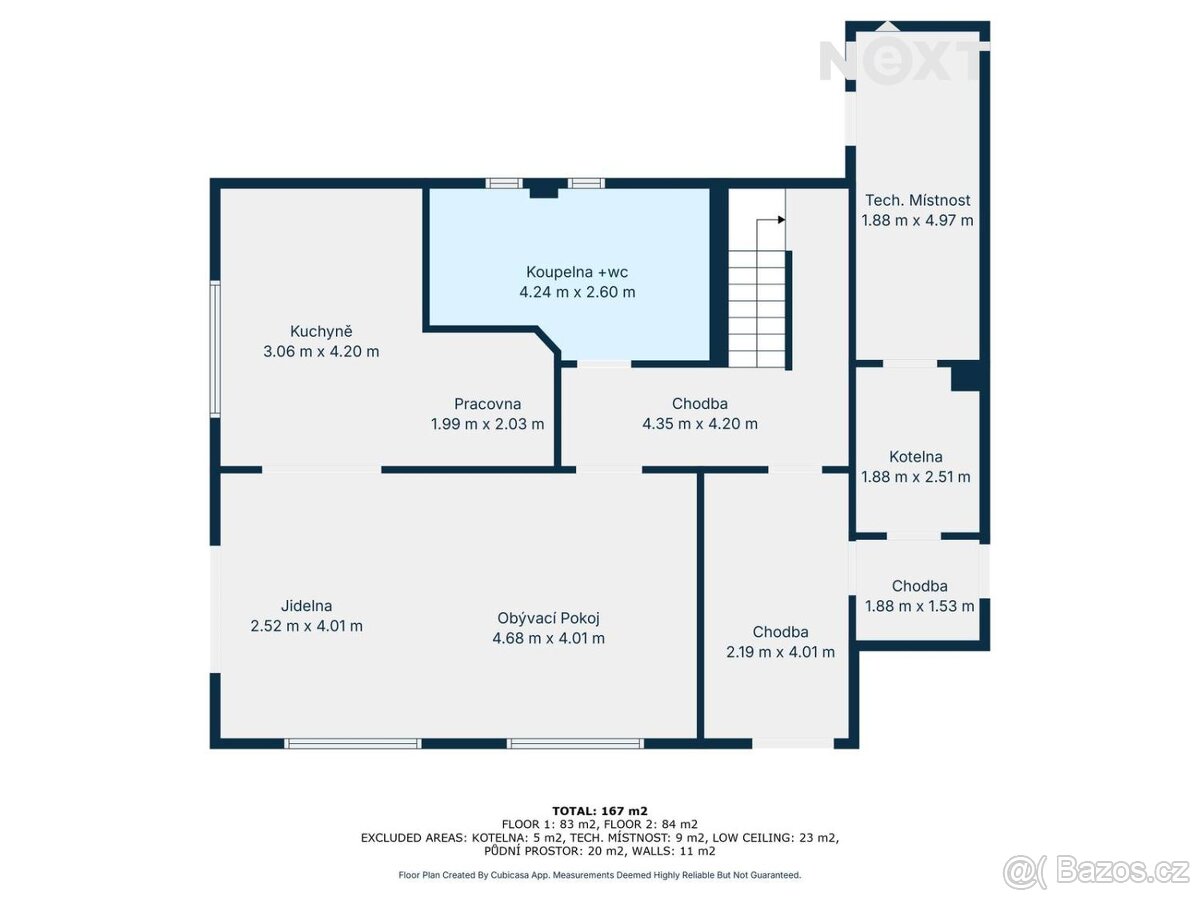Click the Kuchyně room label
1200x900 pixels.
tap(321, 331)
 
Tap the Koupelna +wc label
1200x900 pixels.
tap(577, 272)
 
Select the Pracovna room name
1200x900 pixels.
tap(487, 404)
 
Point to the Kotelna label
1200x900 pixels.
tap(916, 456)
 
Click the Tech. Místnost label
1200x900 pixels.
tap(917, 200)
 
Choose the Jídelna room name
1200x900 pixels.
tap(306, 605)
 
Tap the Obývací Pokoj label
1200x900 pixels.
tap(548, 618)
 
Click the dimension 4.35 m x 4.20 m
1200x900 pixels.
tap(700, 423)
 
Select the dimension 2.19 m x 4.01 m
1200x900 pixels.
tap(780, 652)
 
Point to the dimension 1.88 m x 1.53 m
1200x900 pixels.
tap(919, 606)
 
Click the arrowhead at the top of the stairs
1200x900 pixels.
tap(782, 220)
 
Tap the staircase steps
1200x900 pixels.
tap(757, 309)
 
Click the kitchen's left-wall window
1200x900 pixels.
tap(215, 349)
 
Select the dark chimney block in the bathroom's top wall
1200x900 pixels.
tap(543, 189)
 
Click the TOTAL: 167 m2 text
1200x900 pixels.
tap(600, 811)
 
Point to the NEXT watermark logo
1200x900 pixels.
tap(899, 62)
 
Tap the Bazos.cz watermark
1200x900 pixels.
tap(1096, 871)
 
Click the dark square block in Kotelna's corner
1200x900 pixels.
tap(965, 375)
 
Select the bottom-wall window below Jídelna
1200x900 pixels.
tap(353, 743)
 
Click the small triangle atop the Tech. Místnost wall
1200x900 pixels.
tap(888, 26)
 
